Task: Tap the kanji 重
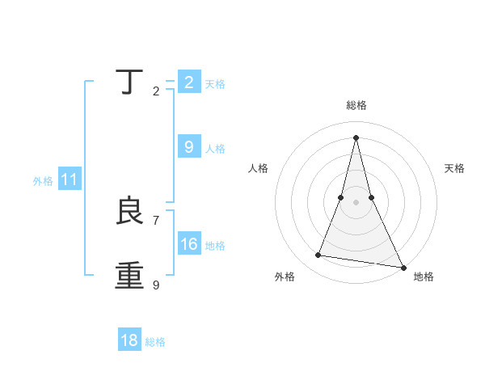tap(129, 276)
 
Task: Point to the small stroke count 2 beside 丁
tap(156, 91)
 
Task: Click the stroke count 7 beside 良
tap(156, 220)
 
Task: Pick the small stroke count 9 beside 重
tap(156, 285)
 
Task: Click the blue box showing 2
tap(189, 82)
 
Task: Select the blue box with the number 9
tap(189, 146)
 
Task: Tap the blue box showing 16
tap(189, 243)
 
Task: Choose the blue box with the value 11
tap(70, 180)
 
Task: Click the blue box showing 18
tap(129, 340)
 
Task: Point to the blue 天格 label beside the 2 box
tap(215, 84)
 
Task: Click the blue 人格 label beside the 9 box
tap(215, 149)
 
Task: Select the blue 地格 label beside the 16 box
tap(215, 246)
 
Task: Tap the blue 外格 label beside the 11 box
tap(43, 182)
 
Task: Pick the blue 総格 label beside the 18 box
tap(155, 342)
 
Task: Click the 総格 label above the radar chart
tap(356, 105)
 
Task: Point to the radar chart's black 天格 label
tap(455, 168)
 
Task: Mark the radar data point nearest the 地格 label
tap(403, 267)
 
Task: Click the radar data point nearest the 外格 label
tap(318, 255)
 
